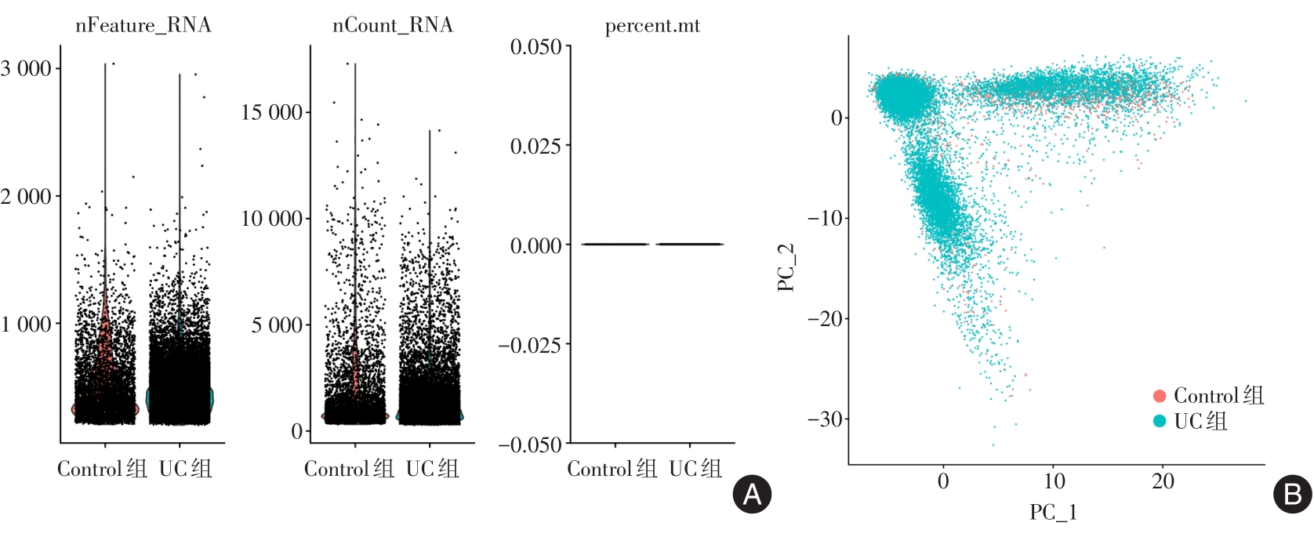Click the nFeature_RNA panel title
pyautogui.click(x=143, y=25)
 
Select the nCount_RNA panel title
pyautogui.click(x=393, y=25)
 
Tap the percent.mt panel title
pyautogui.click(x=652, y=26)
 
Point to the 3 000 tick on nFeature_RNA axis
pyautogui.click(x=27, y=69)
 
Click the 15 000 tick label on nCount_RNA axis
pyautogui.click(x=271, y=112)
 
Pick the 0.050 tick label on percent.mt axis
pyautogui.click(x=536, y=47)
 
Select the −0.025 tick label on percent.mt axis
pyautogui.click(x=530, y=345)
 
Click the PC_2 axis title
pyautogui.click(x=786, y=267)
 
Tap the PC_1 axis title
pyautogui.click(x=1053, y=513)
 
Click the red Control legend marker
pyautogui.click(x=1160, y=396)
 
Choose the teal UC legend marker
pyautogui.click(x=1160, y=421)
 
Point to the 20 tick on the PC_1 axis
pyautogui.click(x=1163, y=481)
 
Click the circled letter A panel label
pyautogui.click(x=752, y=494)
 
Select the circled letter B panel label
pyautogui.click(x=1293, y=494)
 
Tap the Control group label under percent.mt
pyautogui.click(x=612, y=469)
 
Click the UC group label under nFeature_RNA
pyautogui.click(x=186, y=469)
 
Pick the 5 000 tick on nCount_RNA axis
pyautogui.click(x=277, y=325)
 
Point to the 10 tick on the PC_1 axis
pyautogui.click(x=1054, y=481)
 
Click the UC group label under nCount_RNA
pyautogui.click(x=432, y=469)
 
